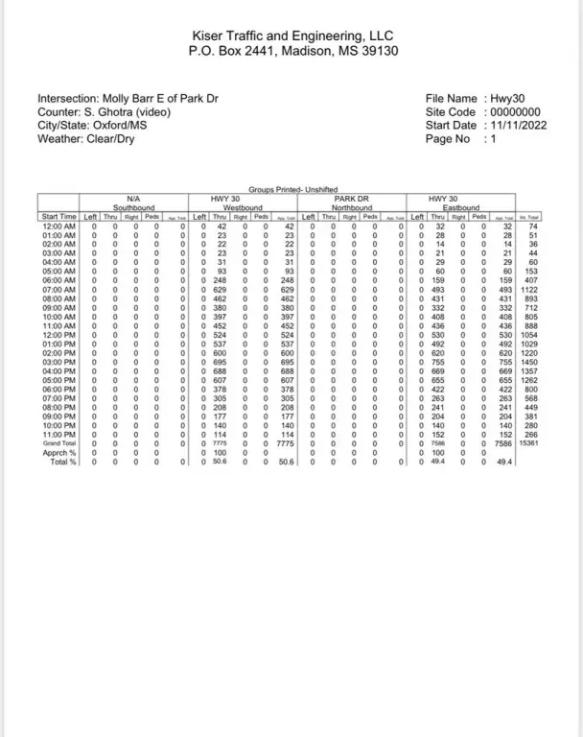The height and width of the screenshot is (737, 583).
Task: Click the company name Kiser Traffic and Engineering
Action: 291,34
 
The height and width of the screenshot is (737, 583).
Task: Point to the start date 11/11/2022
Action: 520,125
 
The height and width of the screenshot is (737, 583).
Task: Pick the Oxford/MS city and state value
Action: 125,125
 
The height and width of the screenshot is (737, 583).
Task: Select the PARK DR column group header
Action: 352,199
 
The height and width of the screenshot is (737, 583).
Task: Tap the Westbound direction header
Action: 243,207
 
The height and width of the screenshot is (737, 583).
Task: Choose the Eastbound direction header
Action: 460,207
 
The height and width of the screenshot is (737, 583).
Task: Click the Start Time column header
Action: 58,217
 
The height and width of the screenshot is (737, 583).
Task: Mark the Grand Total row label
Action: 58,442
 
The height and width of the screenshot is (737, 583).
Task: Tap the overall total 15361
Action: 527,442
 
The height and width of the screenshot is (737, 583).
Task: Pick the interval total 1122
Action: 527,288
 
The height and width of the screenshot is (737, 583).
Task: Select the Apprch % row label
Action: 60,452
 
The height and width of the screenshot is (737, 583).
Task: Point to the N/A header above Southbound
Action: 133,199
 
